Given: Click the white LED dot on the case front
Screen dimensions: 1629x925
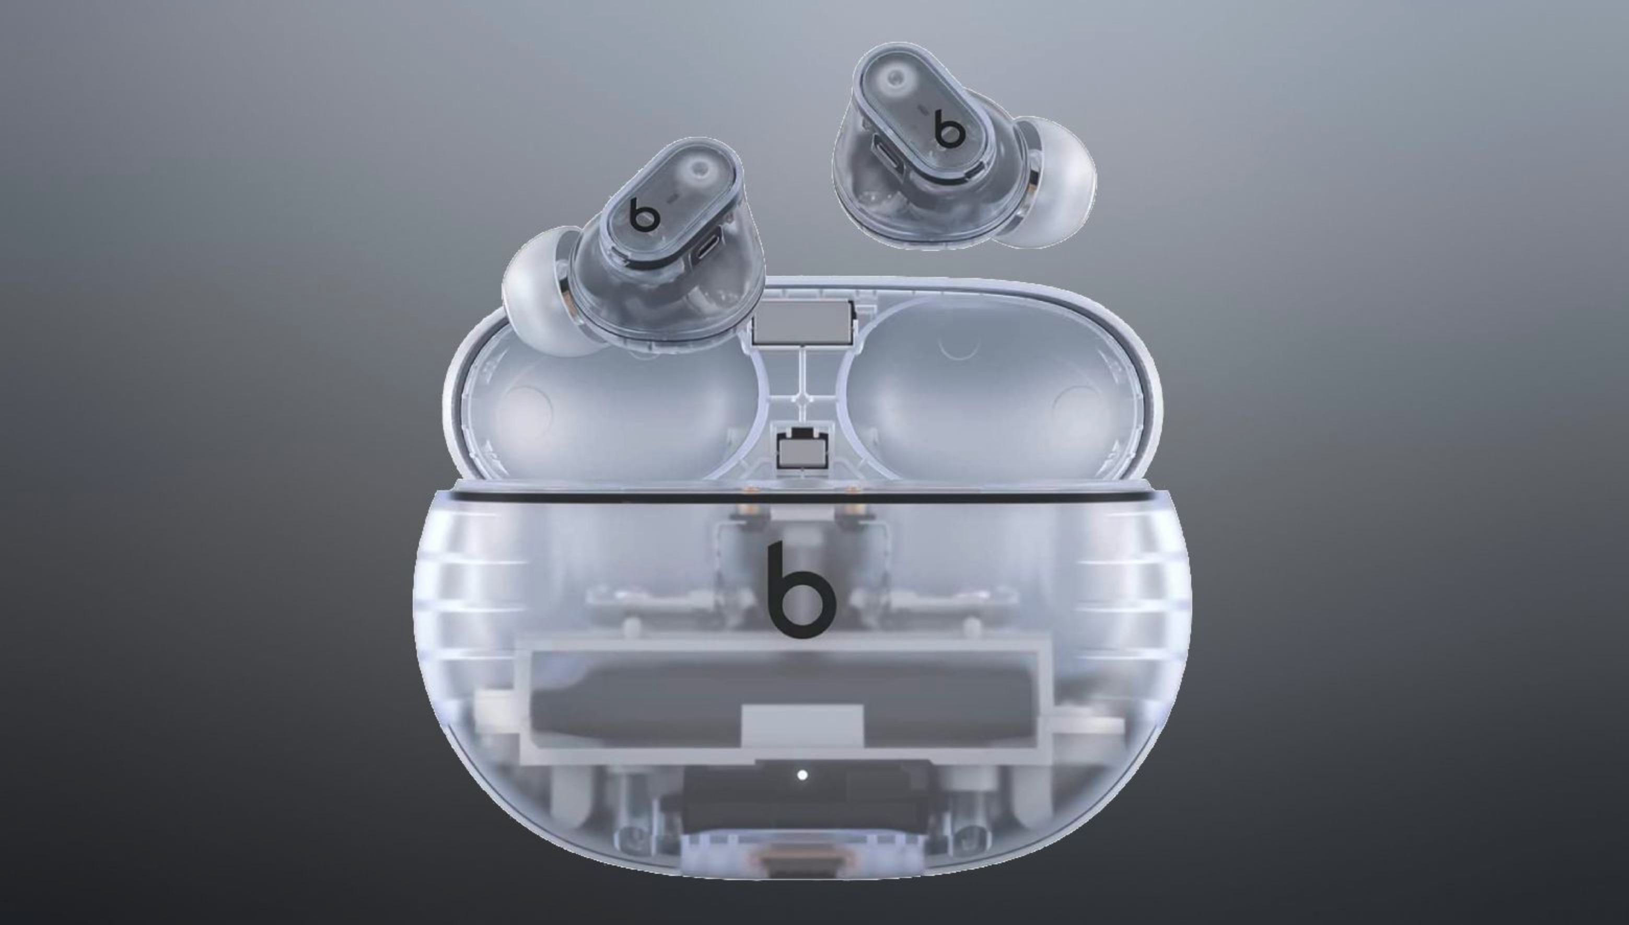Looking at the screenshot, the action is coord(802,774).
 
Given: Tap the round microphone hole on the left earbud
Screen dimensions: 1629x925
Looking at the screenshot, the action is coord(701,168).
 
